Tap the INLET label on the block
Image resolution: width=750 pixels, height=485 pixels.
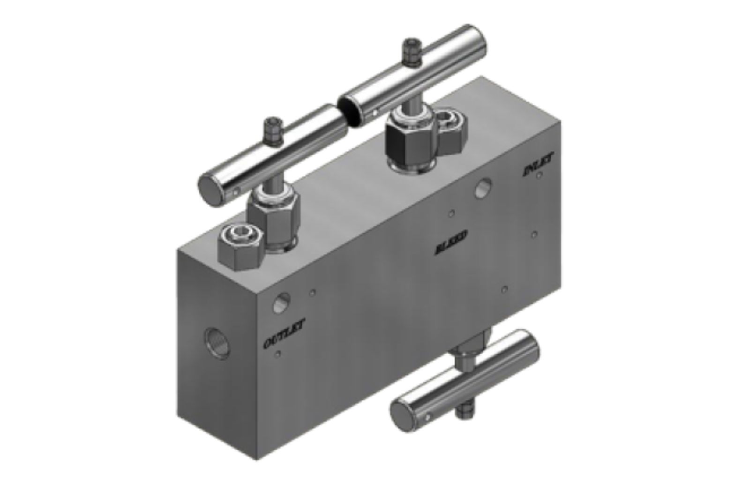(537, 166)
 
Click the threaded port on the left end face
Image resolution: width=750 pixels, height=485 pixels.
(217, 344)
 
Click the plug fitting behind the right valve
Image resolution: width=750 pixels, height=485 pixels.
(450, 123)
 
